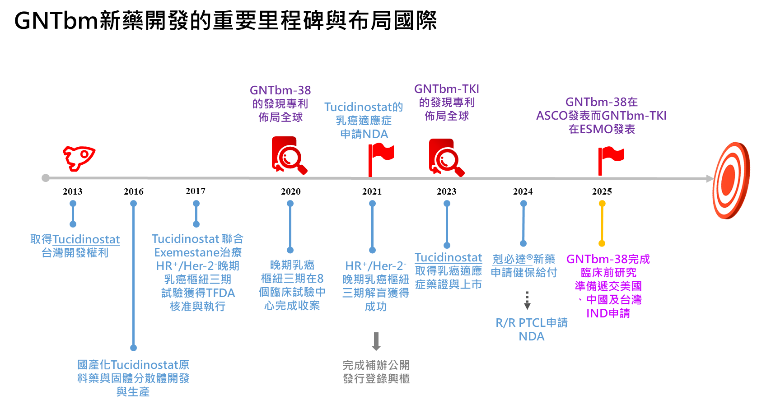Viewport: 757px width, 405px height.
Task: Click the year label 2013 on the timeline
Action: coord(72,191)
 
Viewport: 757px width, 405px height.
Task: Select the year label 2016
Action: coord(134,191)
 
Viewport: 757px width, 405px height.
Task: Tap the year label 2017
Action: coord(196,191)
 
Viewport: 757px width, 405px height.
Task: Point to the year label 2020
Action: coord(290,191)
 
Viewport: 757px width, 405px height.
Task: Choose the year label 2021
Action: coord(372,191)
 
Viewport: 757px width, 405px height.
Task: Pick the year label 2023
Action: coord(446,191)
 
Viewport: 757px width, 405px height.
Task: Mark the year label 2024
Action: coord(523,191)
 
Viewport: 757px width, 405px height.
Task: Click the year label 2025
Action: coord(602,191)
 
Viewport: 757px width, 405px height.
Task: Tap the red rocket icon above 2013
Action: coord(79,158)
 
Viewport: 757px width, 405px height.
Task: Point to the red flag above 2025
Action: coord(609,159)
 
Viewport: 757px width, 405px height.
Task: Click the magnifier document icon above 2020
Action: coord(289,155)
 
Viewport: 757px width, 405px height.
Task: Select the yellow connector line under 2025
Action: coord(602,223)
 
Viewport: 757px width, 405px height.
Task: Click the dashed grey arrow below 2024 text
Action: coord(527,300)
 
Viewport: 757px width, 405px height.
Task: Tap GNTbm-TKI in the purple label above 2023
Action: coord(446,89)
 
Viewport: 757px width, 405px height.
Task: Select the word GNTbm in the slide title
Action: coord(56,21)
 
